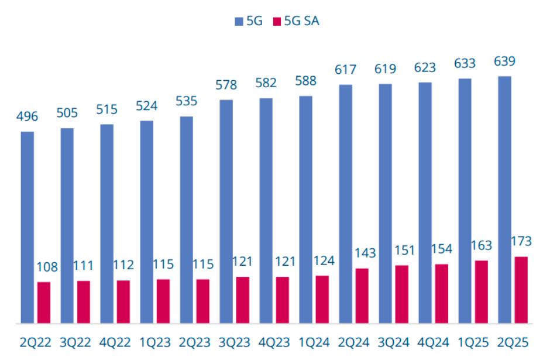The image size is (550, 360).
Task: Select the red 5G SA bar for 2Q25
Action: coord(520,290)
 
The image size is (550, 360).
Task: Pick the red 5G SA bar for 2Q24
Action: coord(362,296)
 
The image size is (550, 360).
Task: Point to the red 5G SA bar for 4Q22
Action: coord(123,301)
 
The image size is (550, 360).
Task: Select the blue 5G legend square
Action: coord(239,22)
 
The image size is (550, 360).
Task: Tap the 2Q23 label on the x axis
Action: coord(195,341)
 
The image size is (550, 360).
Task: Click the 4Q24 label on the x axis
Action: coord(434,341)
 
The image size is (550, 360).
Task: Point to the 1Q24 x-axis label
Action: coord(314,341)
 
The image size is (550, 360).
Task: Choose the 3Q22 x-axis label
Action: coord(75,341)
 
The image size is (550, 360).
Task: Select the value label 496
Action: coord(27,116)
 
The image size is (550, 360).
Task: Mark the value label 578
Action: coord(226,85)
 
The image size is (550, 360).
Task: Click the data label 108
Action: coord(47,268)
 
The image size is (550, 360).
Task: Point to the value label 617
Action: coord(345,70)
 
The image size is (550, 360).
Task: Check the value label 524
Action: coord(146,107)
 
